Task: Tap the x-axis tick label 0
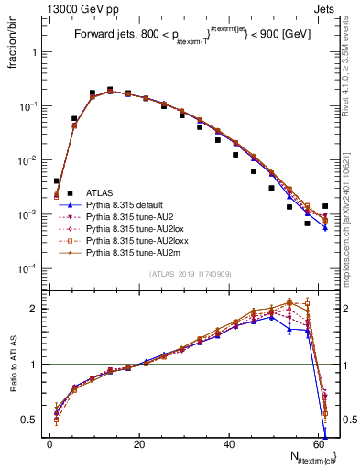coord(49,444)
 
